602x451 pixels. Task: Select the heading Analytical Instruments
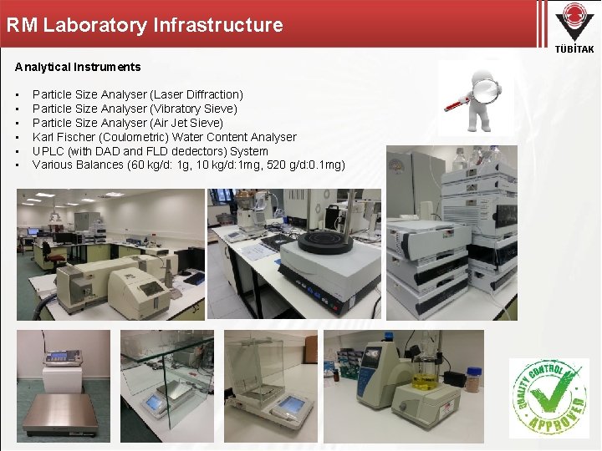78,67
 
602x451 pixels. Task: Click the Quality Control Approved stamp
548,398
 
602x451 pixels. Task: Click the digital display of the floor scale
60,357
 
